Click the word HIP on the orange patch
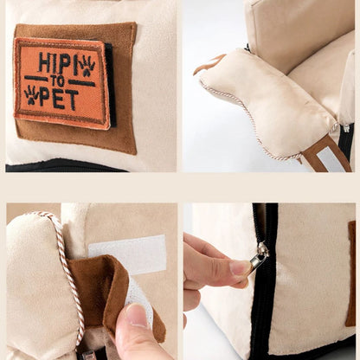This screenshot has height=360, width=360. pyautogui.click(x=54, y=62)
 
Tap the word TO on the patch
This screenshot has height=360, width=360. pyautogui.click(x=58, y=82)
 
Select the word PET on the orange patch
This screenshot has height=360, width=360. pyautogui.click(x=59, y=100)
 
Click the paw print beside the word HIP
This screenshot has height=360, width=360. pyautogui.click(x=87, y=66)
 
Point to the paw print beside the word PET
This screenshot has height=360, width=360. pyautogui.click(x=32, y=94)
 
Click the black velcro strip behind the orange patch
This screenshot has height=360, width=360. pyautogui.click(x=112, y=85)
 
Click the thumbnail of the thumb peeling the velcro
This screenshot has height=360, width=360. pyautogui.click(x=135, y=315)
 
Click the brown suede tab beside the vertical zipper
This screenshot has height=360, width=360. pyautogui.click(x=350, y=273)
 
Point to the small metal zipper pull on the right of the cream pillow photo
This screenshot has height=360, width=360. pyautogui.click(x=346, y=127)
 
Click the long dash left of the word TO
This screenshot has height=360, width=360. pyautogui.click(x=36, y=78)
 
